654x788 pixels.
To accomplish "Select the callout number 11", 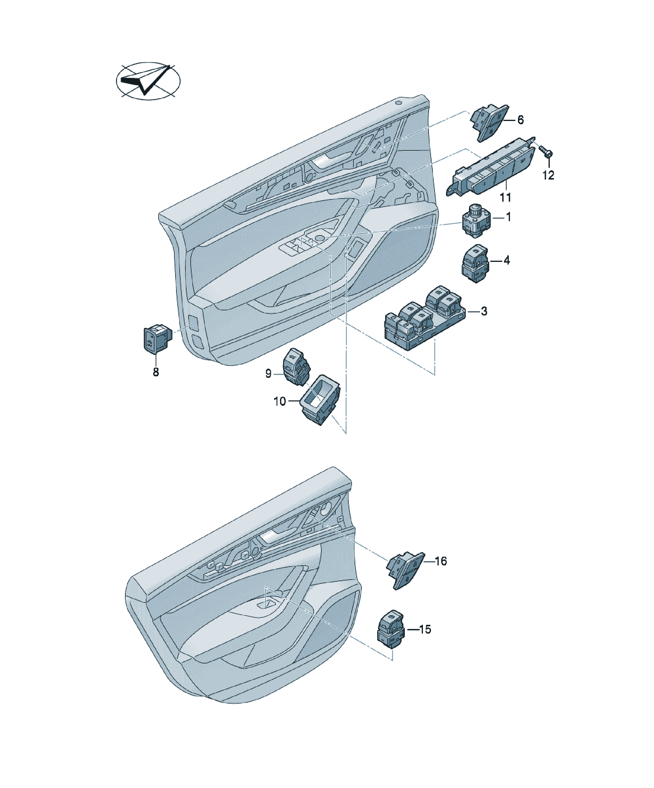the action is (x=505, y=197).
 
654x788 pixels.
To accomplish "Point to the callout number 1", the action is (x=508, y=217).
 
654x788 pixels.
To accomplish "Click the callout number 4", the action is (x=507, y=260).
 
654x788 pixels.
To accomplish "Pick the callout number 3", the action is (x=484, y=311).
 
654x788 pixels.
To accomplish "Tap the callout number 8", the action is (x=156, y=372).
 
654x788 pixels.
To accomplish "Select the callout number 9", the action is (x=268, y=373).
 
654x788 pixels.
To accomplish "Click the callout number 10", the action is (x=280, y=402).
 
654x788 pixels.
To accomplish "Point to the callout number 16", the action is (x=441, y=561).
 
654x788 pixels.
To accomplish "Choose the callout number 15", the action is (x=425, y=629).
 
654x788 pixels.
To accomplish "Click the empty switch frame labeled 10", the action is (x=321, y=400).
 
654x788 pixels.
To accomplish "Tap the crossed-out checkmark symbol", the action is (x=148, y=81).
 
